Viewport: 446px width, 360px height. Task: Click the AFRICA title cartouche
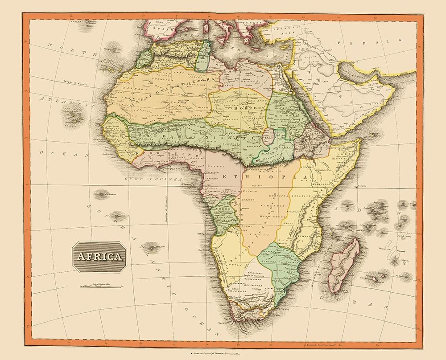pyautogui.click(x=99, y=257)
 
